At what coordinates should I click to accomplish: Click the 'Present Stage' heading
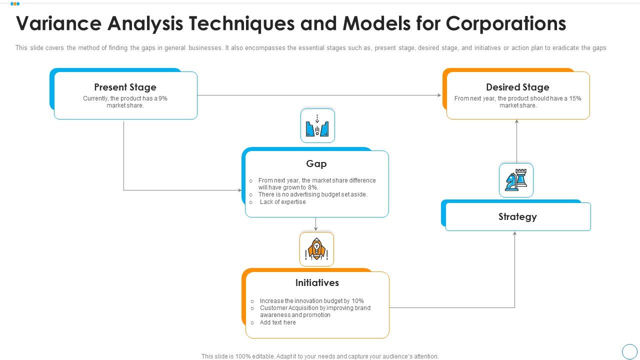[x=125, y=87]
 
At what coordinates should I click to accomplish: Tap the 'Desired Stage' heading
[x=517, y=87]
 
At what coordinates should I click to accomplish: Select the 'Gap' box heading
[x=316, y=164]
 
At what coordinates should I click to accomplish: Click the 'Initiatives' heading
[x=317, y=283]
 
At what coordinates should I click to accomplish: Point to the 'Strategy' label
[x=517, y=217]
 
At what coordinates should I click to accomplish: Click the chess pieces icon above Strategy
[x=516, y=180]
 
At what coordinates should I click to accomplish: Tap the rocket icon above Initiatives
[x=316, y=249]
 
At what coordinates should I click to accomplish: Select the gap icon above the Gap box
[x=317, y=125]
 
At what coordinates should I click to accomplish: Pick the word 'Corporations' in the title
[x=506, y=23]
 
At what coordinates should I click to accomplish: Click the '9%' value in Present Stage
[x=162, y=98]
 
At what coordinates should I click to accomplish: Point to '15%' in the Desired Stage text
[x=575, y=98]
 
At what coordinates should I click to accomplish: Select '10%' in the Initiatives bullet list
[x=357, y=301]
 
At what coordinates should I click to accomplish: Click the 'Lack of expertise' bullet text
[x=282, y=202]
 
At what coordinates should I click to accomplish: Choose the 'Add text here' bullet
[x=277, y=322]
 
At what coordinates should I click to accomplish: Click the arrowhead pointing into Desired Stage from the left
[x=439, y=95]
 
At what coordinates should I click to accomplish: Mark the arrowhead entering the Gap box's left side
[x=239, y=190]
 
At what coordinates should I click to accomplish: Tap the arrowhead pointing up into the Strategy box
[x=515, y=233]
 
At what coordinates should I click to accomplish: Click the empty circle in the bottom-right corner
[x=629, y=351]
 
